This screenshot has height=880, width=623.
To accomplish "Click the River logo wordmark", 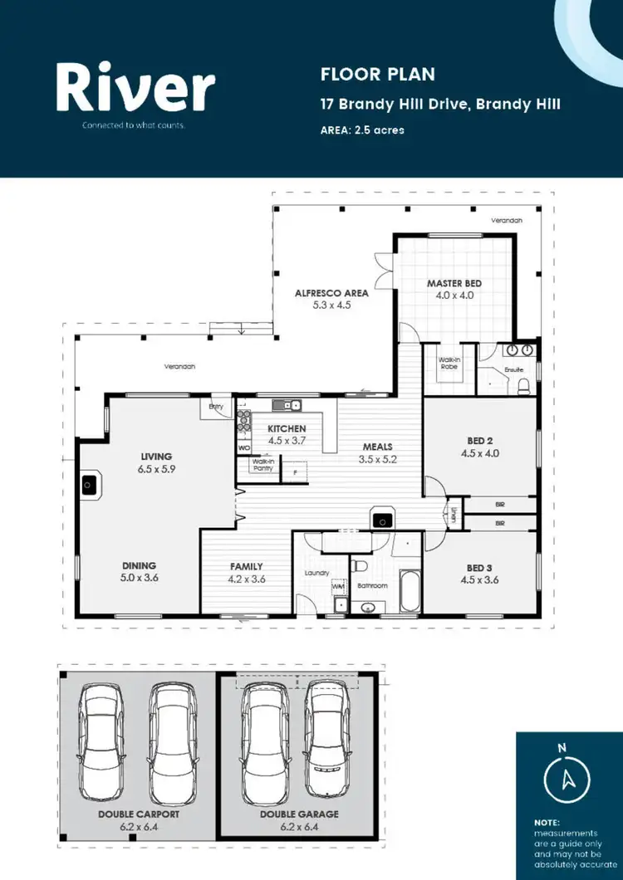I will click(135, 88).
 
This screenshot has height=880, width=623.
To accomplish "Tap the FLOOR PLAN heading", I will click(377, 75).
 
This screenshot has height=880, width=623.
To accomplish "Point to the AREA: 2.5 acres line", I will click(362, 130).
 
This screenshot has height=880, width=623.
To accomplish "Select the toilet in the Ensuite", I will click(523, 384).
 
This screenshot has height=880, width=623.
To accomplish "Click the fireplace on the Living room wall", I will click(90, 485).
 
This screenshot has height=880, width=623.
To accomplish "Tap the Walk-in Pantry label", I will click(262, 464).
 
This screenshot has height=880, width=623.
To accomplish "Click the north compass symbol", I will click(568, 779).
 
